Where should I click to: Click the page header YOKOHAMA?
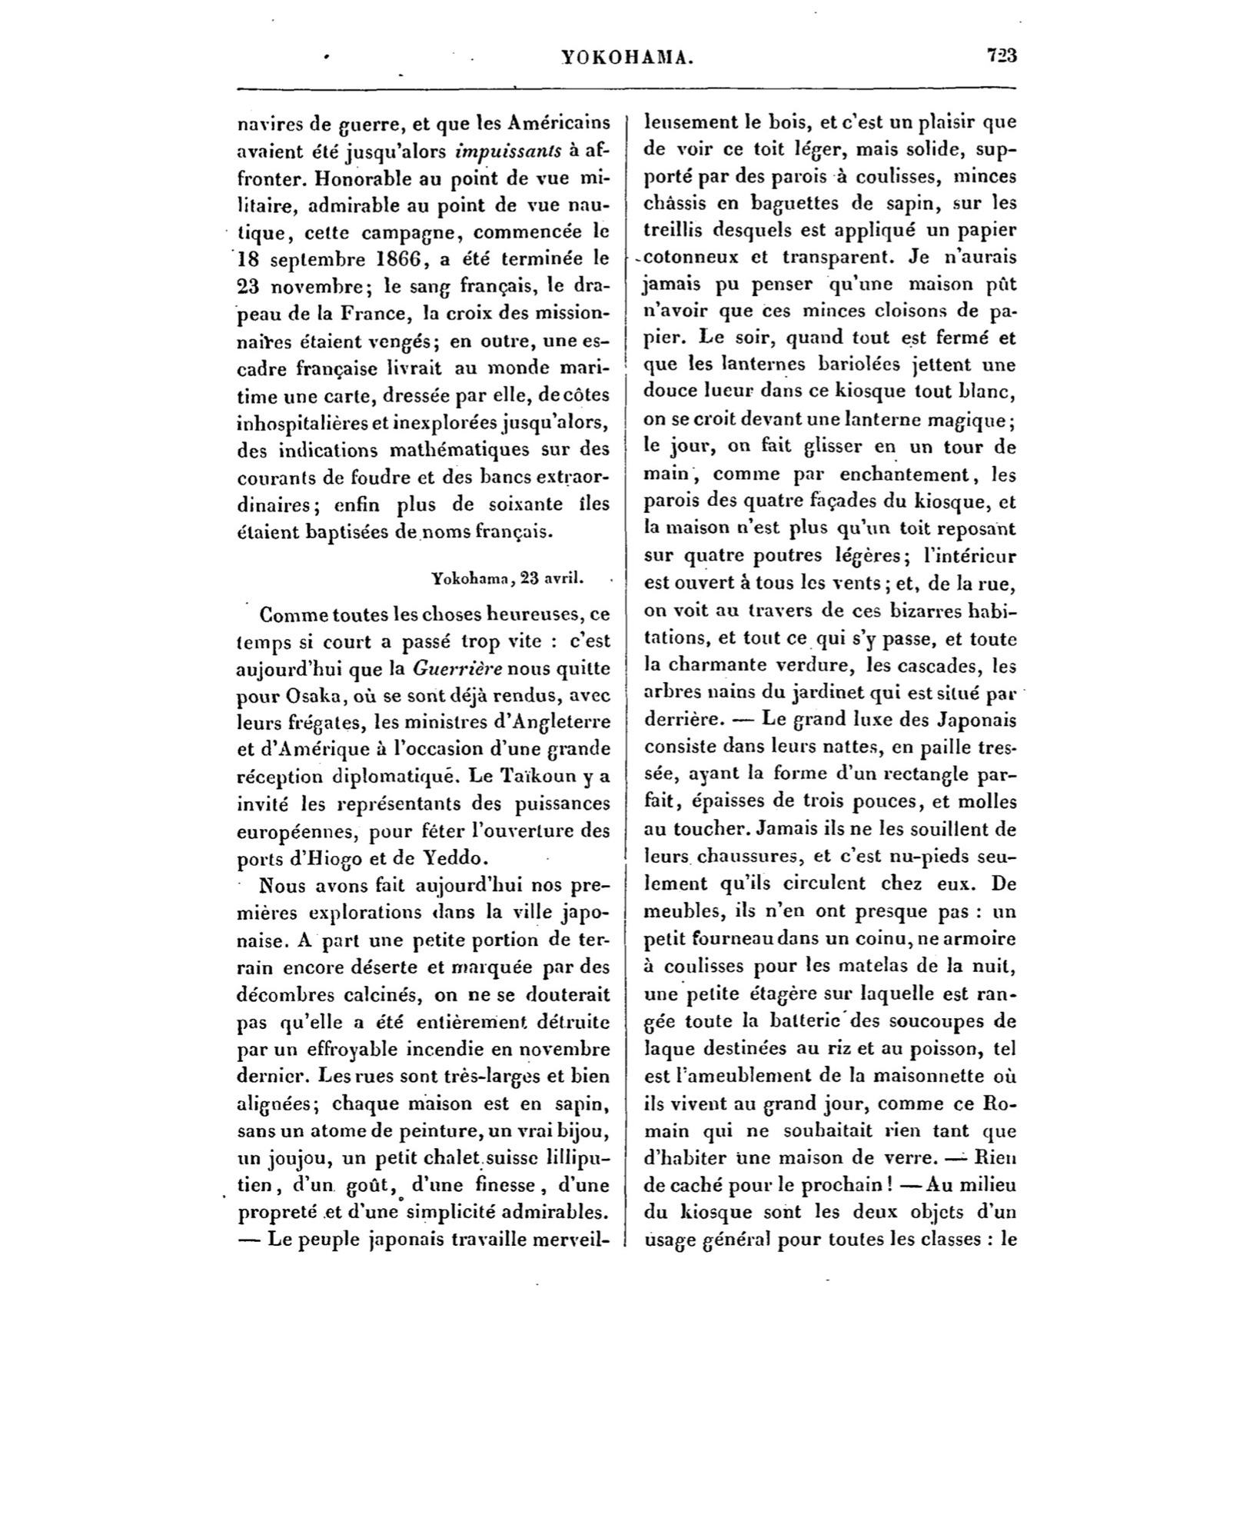(x=627, y=56)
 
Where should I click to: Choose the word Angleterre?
(x=560, y=722)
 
